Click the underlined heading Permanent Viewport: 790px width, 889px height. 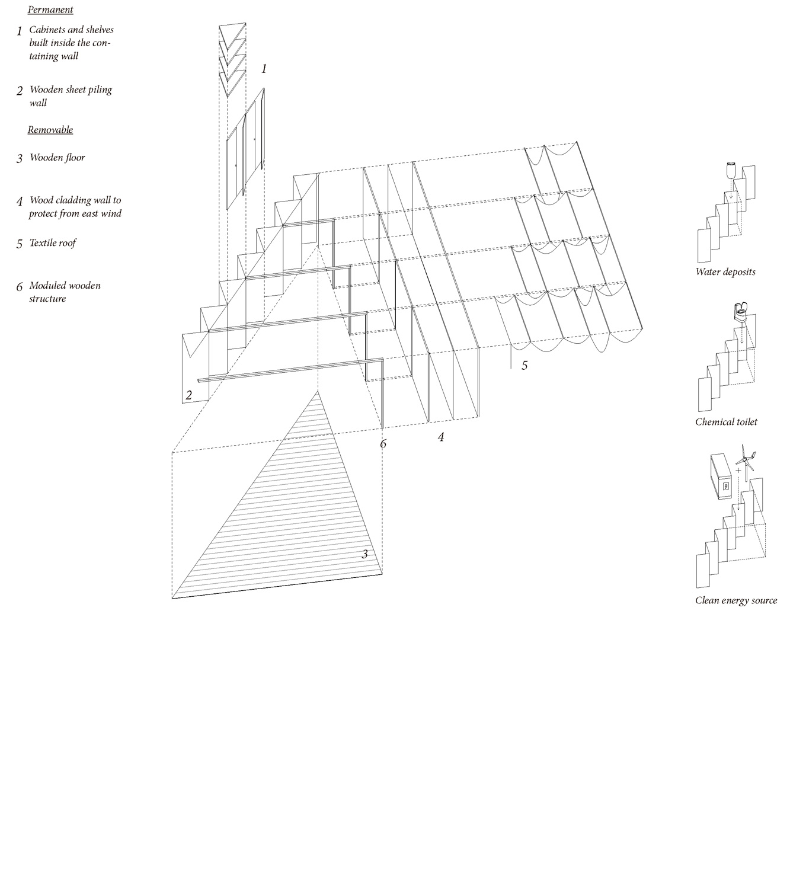(50, 10)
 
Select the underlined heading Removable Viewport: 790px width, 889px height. (50, 130)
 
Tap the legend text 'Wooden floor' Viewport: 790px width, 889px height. (57, 158)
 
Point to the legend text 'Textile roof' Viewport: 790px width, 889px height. (53, 243)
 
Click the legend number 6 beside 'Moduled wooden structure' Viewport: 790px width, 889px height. (19, 287)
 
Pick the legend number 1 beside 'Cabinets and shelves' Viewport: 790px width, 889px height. (19, 31)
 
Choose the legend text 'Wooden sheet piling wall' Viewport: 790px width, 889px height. (71, 96)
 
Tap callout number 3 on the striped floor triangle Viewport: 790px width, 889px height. (364, 554)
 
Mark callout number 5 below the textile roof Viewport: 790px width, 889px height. (524, 366)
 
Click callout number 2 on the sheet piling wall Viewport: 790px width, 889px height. (189, 395)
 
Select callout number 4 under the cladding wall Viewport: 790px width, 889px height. (441, 437)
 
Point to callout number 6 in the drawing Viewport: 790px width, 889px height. (383, 444)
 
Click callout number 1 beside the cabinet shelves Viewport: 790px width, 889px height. (264, 69)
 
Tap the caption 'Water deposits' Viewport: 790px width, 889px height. (725, 272)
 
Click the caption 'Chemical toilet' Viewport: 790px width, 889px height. (726, 422)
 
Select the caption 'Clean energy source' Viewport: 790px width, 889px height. (736, 600)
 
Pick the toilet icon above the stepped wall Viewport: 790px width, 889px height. (741, 314)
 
